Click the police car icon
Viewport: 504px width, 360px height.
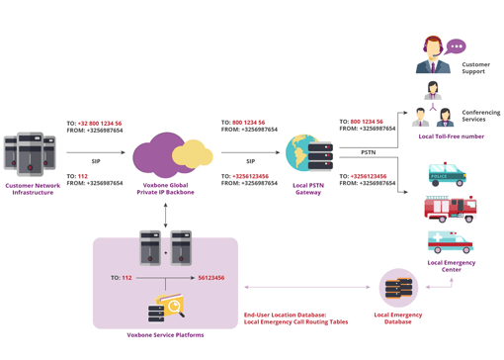point(448,176)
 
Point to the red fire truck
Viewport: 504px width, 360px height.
point(448,209)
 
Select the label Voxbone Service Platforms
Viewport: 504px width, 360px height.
point(165,334)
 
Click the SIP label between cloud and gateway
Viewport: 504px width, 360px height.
point(250,160)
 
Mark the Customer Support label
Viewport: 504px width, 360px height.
point(476,68)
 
